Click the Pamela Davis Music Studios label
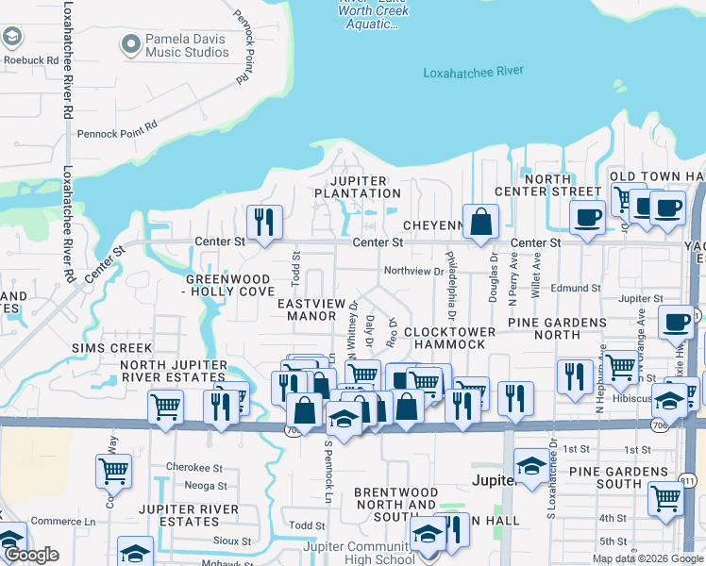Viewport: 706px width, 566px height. click(187, 45)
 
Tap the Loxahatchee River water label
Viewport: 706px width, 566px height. click(473, 72)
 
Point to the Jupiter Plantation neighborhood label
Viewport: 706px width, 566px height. click(358, 187)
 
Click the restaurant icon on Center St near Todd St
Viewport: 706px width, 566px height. click(264, 222)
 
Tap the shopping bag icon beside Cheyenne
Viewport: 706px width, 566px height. click(480, 223)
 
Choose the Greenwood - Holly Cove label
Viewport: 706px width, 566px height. click(231, 286)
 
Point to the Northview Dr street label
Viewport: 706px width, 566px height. click(413, 272)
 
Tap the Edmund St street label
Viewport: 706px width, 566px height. click(576, 288)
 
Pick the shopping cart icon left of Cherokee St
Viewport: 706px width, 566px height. click(113, 469)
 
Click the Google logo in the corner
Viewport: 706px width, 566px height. click(31, 556)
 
